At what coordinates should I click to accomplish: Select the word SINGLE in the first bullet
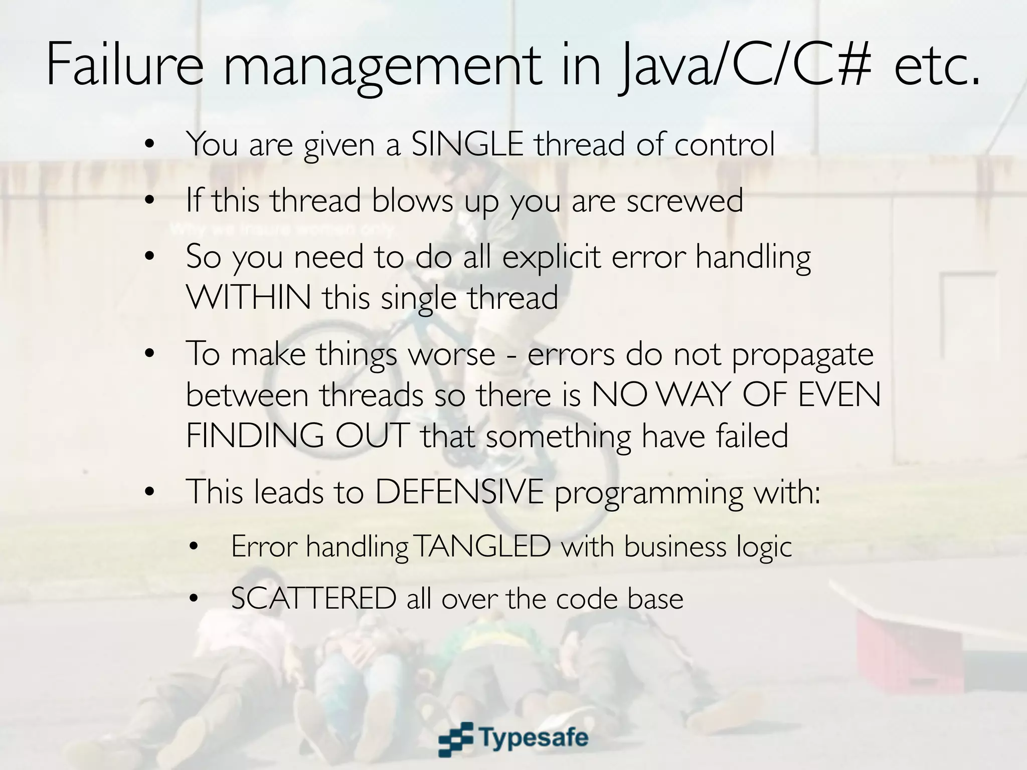coord(467,144)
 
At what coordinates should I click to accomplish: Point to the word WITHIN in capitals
coord(248,298)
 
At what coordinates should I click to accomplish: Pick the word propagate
coord(802,355)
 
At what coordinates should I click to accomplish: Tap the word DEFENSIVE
coord(459,492)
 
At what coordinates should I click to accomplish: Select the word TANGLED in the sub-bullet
coord(482,546)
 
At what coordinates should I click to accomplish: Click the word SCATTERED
coord(313,599)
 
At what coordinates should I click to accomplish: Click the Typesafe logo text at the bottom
coord(535,737)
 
